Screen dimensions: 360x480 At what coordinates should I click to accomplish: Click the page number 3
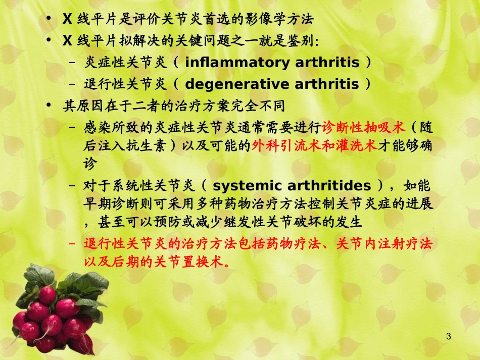(x=448, y=337)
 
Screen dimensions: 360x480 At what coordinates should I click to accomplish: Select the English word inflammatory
(x=236, y=63)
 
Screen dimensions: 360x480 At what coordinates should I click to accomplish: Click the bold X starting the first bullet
(x=67, y=20)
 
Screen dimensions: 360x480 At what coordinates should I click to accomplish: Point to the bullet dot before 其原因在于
(x=48, y=106)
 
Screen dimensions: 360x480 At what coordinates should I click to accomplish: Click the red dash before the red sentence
(x=72, y=244)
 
